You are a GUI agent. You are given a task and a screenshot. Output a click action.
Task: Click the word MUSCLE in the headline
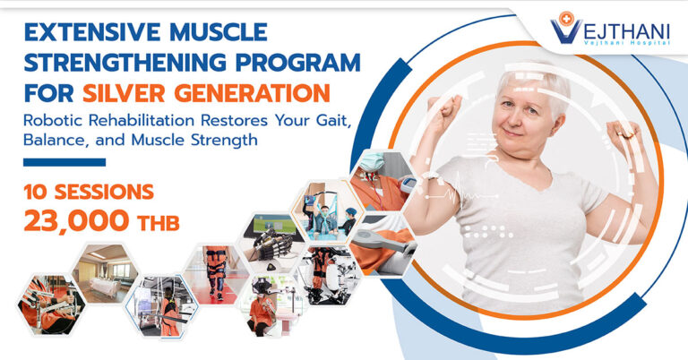coord(218,32)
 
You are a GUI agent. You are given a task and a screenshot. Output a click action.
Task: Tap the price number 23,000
coord(76,220)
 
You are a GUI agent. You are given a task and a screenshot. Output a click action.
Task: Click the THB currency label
coord(159,223)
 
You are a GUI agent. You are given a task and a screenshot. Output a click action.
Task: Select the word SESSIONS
coord(104,192)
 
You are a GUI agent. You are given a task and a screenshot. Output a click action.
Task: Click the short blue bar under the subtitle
coord(64,162)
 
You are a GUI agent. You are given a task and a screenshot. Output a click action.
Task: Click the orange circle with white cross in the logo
coord(567,19)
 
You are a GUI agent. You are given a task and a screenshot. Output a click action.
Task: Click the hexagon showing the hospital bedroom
coord(105,273)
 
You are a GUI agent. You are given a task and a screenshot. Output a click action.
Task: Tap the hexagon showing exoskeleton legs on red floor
coord(216,274)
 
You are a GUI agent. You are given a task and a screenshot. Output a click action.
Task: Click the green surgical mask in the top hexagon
coord(371,161)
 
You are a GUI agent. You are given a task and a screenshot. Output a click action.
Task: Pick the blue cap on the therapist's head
coord(351,211)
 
